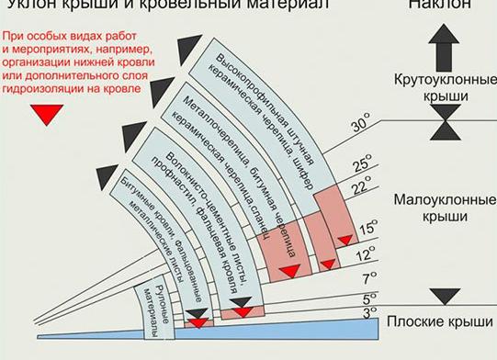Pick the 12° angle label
[367, 253]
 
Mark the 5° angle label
[369, 298]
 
